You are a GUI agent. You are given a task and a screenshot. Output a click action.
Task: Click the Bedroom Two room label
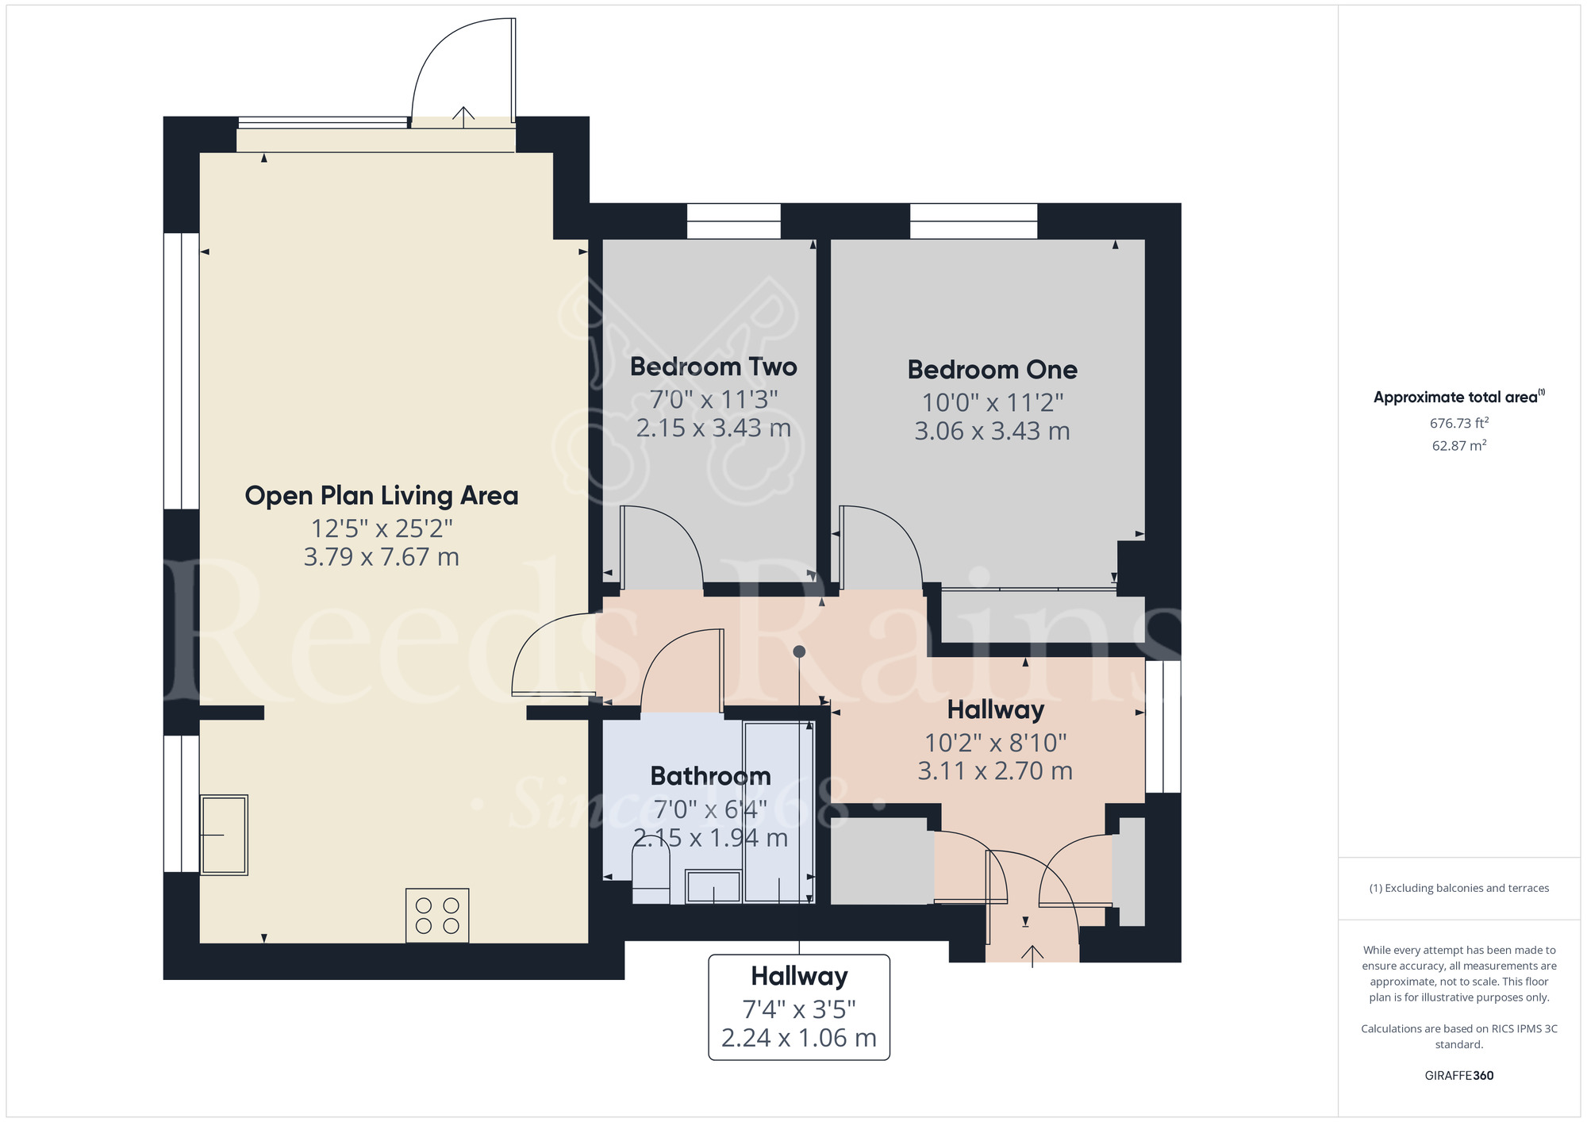(713, 367)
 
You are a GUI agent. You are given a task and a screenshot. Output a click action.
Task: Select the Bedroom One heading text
(992, 370)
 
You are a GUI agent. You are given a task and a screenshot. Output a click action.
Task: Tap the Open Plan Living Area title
(381, 495)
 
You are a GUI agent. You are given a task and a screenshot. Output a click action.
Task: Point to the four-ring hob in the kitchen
(437, 915)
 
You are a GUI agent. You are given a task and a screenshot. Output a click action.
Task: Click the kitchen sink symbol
(224, 835)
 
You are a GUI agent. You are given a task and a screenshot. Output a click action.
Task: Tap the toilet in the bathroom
(651, 877)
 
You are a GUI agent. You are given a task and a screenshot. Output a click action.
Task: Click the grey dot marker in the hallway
(799, 651)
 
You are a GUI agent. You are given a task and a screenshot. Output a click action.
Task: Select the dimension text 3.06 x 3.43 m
(992, 431)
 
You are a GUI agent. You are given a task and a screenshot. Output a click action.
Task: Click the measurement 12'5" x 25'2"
(381, 528)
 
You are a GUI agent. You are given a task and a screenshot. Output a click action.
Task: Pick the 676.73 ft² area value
(1458, 423)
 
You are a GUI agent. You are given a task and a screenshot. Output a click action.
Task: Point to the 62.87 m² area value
(1458, 446)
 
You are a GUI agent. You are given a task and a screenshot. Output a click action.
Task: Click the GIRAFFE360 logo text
(1458, 1076)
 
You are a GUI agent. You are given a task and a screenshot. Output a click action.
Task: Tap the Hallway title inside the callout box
(799, 976)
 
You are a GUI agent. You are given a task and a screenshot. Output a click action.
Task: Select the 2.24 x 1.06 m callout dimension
(799, 1038)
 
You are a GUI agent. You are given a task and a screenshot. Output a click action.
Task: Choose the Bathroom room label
(710, 776)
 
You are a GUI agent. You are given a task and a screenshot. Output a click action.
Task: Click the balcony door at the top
(463, 71)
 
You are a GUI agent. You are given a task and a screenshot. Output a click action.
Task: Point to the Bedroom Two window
(733, 221)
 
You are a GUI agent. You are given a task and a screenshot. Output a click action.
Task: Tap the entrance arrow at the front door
(1032, 955)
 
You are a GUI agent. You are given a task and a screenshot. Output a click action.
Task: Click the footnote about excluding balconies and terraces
(1458, 888)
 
